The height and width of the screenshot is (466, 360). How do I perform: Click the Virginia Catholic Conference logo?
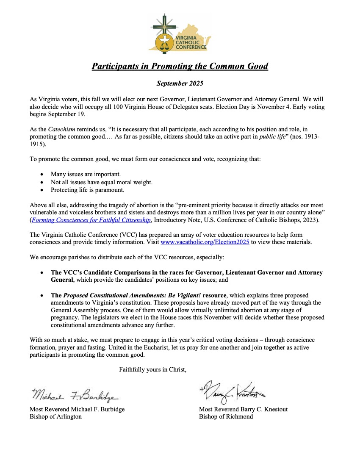[x=180, y=33]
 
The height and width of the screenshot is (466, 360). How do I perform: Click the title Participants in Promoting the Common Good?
[x=180, y=67]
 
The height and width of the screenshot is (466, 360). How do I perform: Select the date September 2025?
[x=180, y=83]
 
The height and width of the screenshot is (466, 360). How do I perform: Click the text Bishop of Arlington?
[x=55, y=416]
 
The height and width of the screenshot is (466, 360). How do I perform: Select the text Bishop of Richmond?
[x=226, y=416]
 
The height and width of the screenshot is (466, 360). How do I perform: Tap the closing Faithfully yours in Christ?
[x=152, y=369]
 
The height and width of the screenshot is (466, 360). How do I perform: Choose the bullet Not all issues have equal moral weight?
[x=101, y=182]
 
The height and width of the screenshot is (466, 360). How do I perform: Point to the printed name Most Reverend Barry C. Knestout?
[x=243, y=409]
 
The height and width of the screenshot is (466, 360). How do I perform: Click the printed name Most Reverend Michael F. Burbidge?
[x=77, y=409]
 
